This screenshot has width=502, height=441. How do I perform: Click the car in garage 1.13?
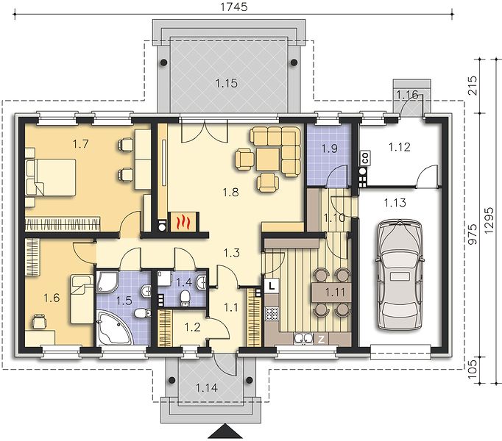click(x=399, y=274)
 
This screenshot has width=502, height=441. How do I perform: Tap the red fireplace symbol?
click(x=184, y=221)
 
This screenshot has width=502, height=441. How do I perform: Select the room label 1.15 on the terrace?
click(x=227, y=84)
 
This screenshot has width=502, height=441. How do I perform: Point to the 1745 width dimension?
click(x=234, y=7)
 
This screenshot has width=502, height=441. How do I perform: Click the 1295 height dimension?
click(x=489, y=221)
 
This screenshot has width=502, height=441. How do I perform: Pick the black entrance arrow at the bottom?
click(x=225, y=431)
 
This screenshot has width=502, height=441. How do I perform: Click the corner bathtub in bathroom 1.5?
click(x=113, y=328)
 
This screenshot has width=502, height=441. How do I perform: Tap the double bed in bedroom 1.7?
click(x=52, y=177)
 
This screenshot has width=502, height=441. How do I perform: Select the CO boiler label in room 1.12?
click(x=364, y=158)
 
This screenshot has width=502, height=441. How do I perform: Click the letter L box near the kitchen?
click(x=272, y=286)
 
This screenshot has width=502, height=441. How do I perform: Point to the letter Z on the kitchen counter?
click(x=321, y=340)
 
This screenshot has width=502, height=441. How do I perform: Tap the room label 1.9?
click(x=330, y=148)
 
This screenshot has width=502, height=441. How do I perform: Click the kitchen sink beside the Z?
click(x=303, y=339)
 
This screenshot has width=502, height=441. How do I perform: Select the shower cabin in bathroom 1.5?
click(x=107, y=282)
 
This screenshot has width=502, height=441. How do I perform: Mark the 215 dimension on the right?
click(x=473, y=86)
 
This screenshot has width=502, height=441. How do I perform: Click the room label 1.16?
click(x=407, y=94)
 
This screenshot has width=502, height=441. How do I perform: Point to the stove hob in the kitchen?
click(x=272, y=313)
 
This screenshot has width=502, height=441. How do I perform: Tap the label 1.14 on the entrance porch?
click(x=207, y=388)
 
